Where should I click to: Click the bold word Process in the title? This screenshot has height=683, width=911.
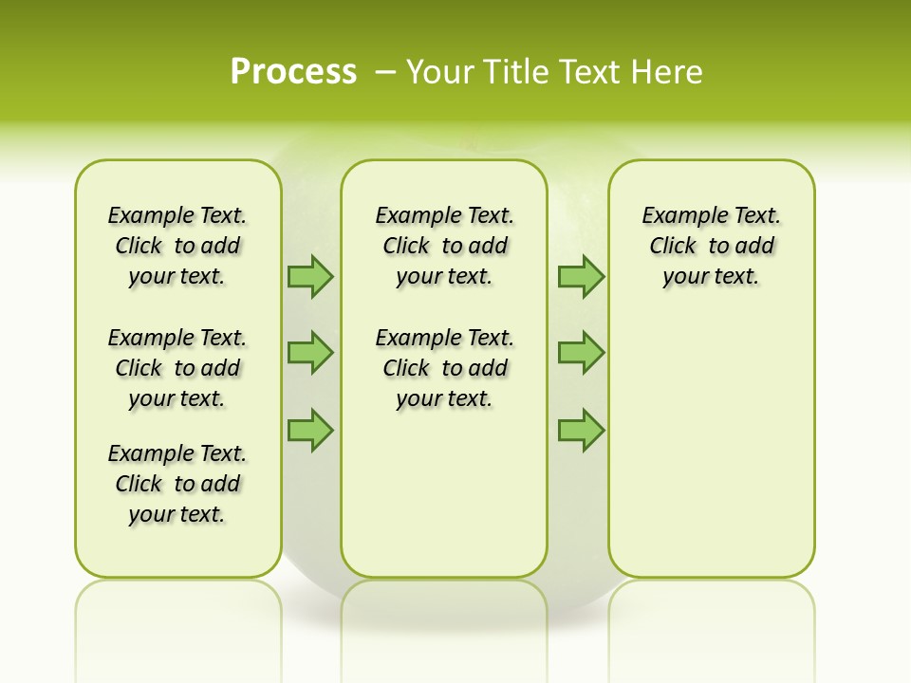coord(293,71)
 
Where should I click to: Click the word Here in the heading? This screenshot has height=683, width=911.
coord(667,72)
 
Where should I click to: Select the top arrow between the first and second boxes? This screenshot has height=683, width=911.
coord(310,276)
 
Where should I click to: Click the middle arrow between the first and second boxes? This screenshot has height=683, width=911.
coord(310,353)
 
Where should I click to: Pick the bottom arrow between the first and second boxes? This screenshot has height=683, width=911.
coord(310,430)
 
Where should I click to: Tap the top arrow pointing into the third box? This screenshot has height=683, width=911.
coord(581,276)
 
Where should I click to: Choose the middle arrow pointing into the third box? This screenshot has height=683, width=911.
coord(581,353)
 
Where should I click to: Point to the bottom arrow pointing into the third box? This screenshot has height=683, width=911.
coord(581,430)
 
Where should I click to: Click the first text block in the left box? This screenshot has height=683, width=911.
coord(177,246)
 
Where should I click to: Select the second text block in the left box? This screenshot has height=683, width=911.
coord(177,368)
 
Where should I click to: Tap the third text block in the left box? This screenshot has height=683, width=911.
coord(177,484)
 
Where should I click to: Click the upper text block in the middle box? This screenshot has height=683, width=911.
coord(445,246)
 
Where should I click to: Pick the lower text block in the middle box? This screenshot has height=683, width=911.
coord(445,368)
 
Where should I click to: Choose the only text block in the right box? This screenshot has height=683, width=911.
coord(712,246)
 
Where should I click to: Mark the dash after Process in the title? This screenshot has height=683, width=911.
coord(385,72)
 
